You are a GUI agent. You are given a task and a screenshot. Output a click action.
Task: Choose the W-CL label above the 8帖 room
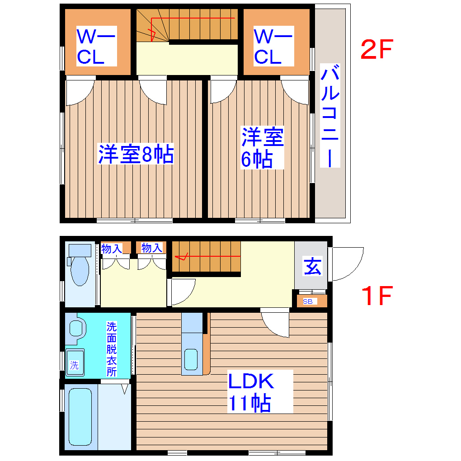pos(96,47)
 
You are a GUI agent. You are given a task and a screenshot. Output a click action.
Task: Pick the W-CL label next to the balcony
pos(273,47)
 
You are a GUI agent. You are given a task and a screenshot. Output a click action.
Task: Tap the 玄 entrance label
pos(312,266)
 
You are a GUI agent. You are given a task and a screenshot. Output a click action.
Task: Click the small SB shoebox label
pos(307,301)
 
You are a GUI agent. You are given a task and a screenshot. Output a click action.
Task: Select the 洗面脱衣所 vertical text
pos(111,349)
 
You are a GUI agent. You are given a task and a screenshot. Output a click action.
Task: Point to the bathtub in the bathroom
pos(80,416)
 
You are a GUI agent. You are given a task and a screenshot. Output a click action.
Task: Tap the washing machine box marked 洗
pos(75,361)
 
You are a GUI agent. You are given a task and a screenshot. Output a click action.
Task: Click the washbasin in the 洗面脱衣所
pos(77,328)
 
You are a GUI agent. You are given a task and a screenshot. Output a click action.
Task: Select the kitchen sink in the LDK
pos(191,359)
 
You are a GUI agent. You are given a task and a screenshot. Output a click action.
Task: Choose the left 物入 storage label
pos(112,248)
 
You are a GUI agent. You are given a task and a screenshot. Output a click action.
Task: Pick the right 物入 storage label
pos(151,248)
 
